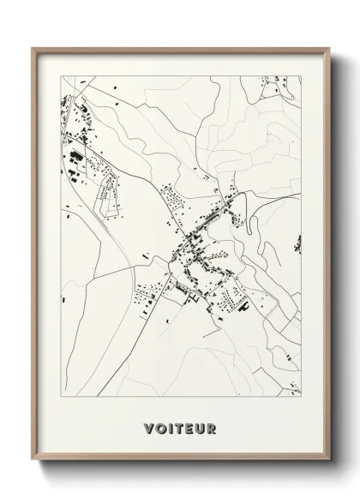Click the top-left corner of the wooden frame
coord(33,48)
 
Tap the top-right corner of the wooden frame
coord(328,48)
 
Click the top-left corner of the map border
coord(59,75)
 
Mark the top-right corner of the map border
coord(302,75)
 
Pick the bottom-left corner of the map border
coord(59,395)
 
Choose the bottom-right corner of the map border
coord(302,395)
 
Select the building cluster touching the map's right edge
coord(297,243)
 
